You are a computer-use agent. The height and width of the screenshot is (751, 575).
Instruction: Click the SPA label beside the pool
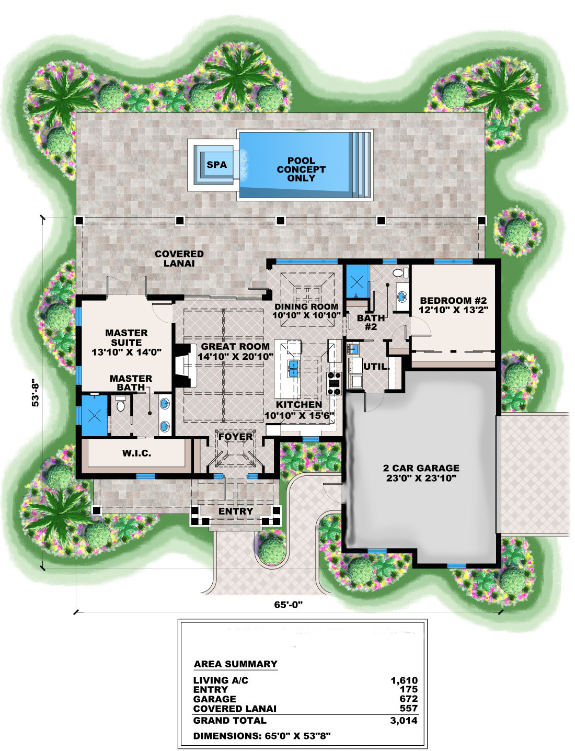tap(216, 165)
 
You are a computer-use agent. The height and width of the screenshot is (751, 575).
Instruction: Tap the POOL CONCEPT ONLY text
tap(301, 169)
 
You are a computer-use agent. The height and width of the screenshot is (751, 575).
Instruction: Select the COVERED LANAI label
tap(179, 258)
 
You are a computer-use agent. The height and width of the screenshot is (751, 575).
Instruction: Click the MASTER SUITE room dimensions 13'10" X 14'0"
tap(126, 352)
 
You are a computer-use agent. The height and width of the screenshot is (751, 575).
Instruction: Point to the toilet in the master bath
tap(121, 403)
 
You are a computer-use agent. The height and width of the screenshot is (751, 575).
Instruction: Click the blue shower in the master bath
tap(94, 416)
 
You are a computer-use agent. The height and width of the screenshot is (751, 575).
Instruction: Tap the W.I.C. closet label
tap(137, 453)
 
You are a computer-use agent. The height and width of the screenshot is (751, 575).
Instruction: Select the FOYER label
tap(235, 436)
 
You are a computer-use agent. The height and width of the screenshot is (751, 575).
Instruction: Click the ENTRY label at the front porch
tap(236, 511)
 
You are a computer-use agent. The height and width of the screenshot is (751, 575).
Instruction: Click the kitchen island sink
tap(293, 368)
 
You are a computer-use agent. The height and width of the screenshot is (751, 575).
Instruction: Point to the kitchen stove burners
tap(334, 383)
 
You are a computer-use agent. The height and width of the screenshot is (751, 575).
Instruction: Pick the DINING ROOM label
tap(306, 306)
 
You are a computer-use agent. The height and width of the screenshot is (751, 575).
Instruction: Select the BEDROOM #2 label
tap(453, 301)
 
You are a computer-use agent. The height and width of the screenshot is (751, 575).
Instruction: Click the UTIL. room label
tap(376, 367)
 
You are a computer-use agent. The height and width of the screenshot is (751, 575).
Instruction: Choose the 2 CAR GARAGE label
tap(421, 468)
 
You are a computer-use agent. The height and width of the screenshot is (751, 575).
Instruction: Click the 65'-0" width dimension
tap(289, 605)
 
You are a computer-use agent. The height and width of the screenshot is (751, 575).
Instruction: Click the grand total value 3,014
tap(404, 720)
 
